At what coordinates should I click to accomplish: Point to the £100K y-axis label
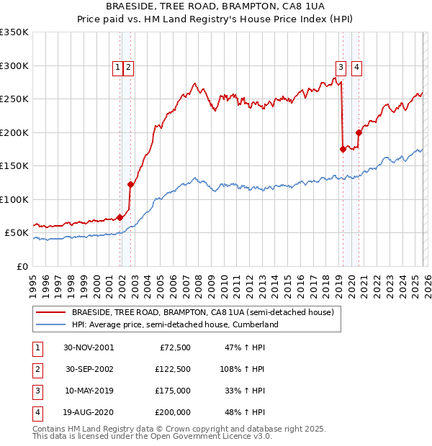click(14, 199)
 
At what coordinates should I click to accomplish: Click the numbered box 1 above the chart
click(117, 68)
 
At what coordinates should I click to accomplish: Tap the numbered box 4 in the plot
click(357, 68)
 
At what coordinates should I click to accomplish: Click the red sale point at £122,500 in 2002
click(130, 184)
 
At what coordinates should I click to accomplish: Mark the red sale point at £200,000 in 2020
click(359, 132)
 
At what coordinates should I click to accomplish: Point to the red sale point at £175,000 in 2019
click(343, 149)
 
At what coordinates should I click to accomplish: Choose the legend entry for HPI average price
click(174, 325)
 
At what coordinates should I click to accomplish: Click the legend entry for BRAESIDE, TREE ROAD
click(202, 313)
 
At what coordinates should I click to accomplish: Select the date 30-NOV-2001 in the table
click(89, 347)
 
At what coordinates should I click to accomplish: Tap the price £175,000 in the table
click(172, 391)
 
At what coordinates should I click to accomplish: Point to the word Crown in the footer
click(183, 429)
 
